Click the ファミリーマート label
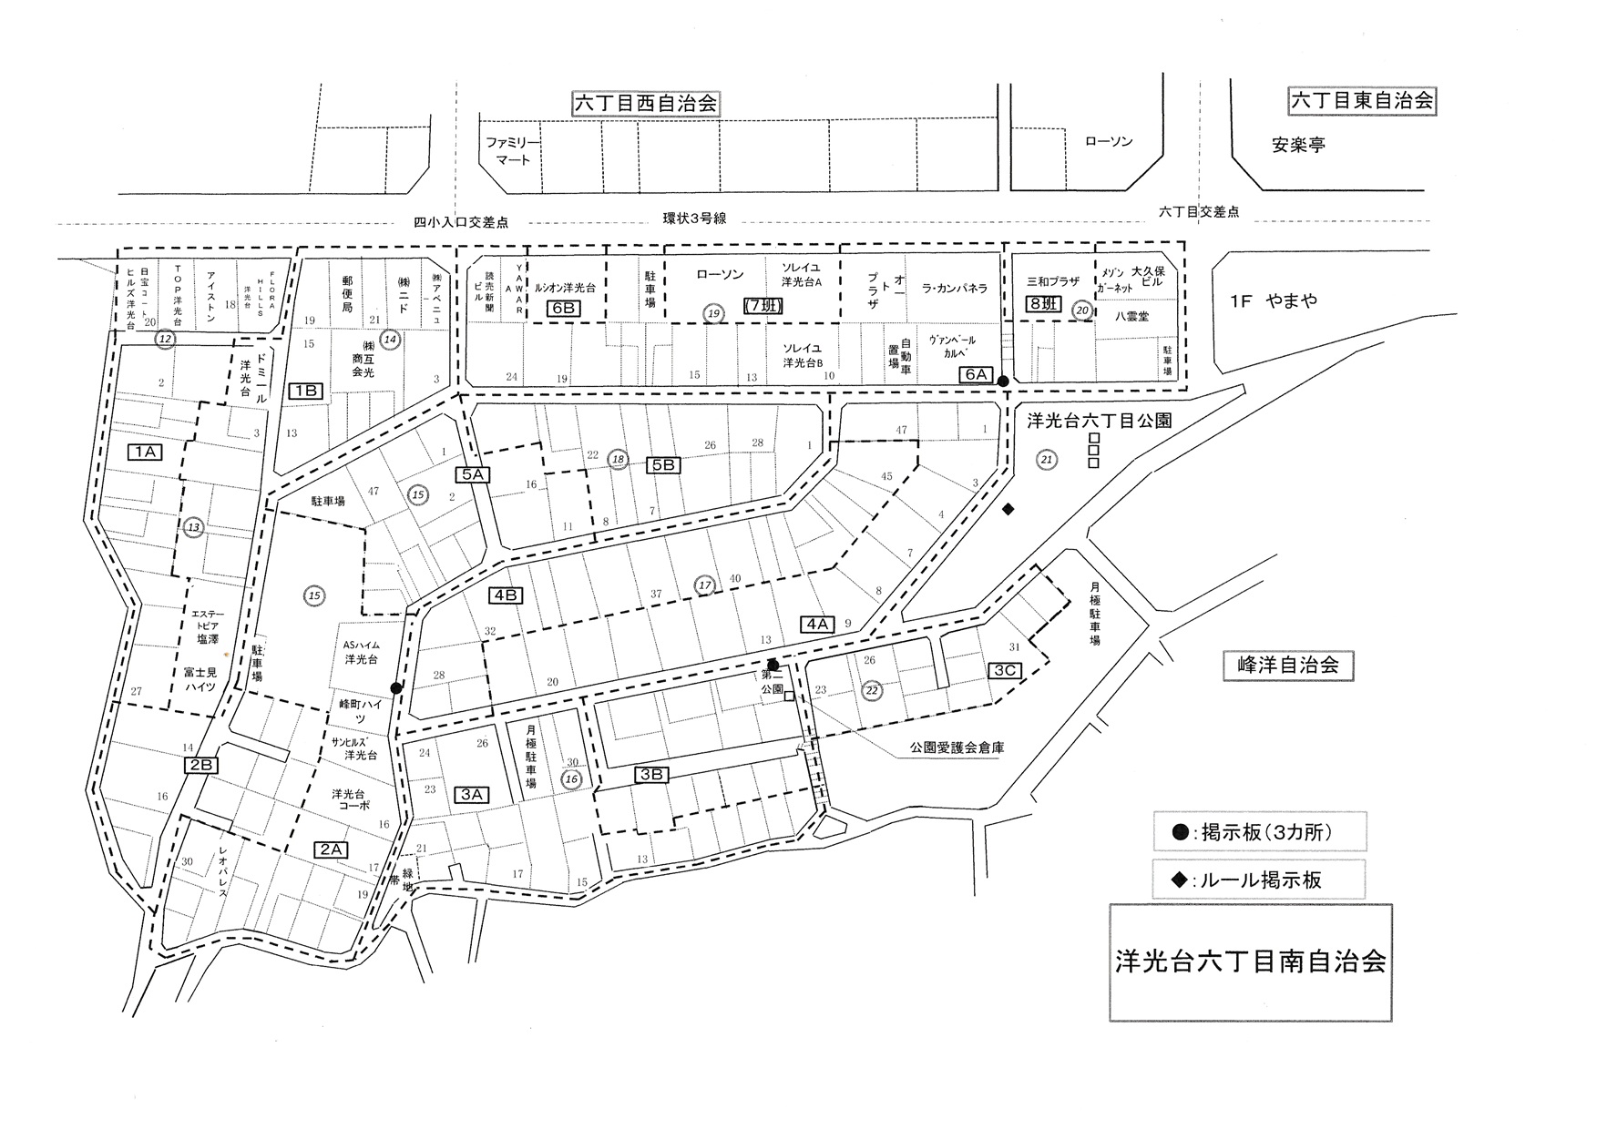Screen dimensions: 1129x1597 tap(512, 151)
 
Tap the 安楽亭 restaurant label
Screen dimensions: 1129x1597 tap(1298, 145)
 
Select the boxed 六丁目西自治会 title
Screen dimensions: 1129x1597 tap(645, 104)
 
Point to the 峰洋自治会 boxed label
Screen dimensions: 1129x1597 tap(1287, 665)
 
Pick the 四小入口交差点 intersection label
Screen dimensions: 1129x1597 tap(461, 222)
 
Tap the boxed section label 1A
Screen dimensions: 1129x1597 tap(145, 452)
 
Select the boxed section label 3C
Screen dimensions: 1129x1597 tap(1005, 671)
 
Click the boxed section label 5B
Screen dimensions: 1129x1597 tap(663, 464)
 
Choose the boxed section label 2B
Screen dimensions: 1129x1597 tap(201, 765)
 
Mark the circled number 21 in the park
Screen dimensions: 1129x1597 tap(1046, 460)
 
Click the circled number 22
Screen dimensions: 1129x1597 tap(872, 689)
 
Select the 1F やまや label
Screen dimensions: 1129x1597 tap(1274, 301)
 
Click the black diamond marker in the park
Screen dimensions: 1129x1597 tap(1008, 509)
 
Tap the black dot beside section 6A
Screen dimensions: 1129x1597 tap(1002, 381)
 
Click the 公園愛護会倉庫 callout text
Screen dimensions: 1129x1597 tap(956, 748)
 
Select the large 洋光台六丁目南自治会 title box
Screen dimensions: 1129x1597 tap(1250, 962)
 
